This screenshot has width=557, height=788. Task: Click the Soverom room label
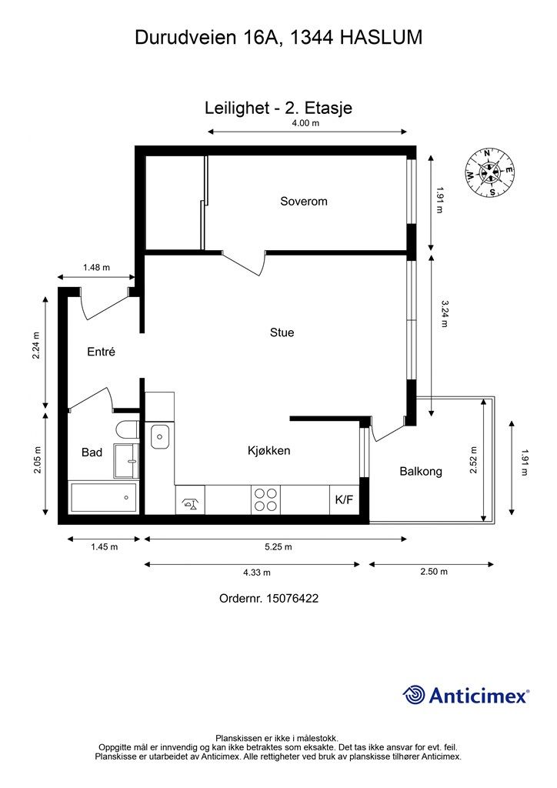click(303, 201)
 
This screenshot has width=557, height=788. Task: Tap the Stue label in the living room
click(282, 332)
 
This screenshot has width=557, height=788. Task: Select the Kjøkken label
click(268, 450)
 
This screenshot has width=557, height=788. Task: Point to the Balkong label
click(421, 472)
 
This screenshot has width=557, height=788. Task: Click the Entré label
click(101, 351)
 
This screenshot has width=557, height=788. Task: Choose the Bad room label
click(92, 452)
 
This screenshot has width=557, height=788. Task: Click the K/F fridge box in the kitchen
click(344, 499)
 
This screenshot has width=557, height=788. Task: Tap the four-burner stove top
click(265, 499)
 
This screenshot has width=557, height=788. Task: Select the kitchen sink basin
click(160, 437)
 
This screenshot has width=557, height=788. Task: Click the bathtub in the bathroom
click(103, 498)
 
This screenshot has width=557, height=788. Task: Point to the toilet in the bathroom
click(127, 431)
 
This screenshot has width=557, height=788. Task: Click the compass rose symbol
click(489, 173)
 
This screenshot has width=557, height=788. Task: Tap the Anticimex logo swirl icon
click(414, 695)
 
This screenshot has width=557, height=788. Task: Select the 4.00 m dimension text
click(306, 123)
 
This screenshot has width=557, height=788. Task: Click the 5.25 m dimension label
click(278, 547)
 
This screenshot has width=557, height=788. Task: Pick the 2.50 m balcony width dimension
click(434, 572)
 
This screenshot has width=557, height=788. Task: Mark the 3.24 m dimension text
click(444, 314)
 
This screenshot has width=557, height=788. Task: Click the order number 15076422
click(292, 599)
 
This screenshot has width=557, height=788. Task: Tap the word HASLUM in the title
click(382, 38)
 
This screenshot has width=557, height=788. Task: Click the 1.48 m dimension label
click(96, 267)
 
